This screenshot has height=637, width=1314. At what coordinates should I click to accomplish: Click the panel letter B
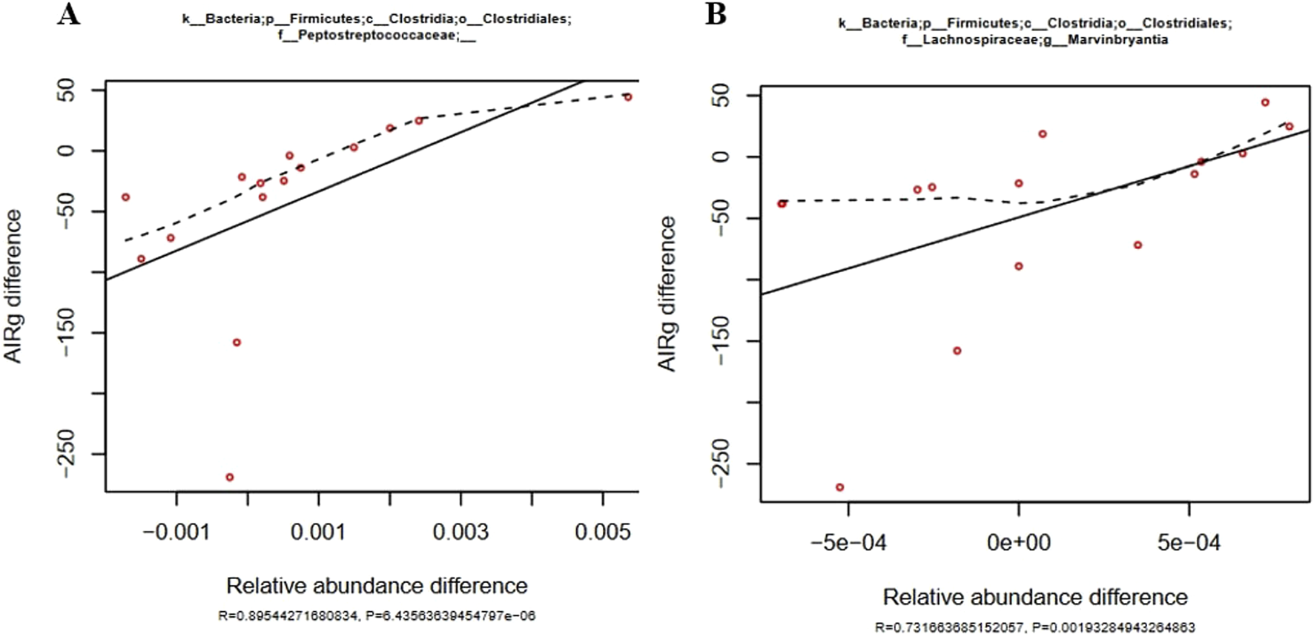(715, 13)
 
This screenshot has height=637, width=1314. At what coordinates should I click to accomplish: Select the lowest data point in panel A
(230, 477)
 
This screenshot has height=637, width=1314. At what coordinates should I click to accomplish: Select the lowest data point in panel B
(839, 487)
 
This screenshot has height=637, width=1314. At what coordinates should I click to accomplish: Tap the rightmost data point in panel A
(628, 97)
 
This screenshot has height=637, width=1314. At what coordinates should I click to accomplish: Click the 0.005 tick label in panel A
(602, 532)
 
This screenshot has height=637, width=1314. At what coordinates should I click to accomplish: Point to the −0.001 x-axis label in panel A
(176, 532)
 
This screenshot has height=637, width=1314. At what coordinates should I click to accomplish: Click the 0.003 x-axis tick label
(460, 532)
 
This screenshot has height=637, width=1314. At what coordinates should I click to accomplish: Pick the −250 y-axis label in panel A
(67, 453)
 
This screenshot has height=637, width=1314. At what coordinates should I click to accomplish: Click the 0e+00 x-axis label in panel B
(1018, 543)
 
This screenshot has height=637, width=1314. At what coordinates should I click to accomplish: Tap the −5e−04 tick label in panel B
(848, 543)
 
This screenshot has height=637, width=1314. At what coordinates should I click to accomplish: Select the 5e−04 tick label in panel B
(1189, 543)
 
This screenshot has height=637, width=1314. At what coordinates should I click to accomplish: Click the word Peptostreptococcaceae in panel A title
(368, 36)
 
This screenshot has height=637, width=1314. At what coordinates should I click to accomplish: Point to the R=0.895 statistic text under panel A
(289, 615)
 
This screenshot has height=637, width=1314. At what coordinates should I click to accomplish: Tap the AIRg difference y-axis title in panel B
(667, 293)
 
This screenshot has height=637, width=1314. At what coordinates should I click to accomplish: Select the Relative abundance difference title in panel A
(377, 586)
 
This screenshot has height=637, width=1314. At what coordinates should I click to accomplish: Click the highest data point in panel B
(1266, 102)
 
